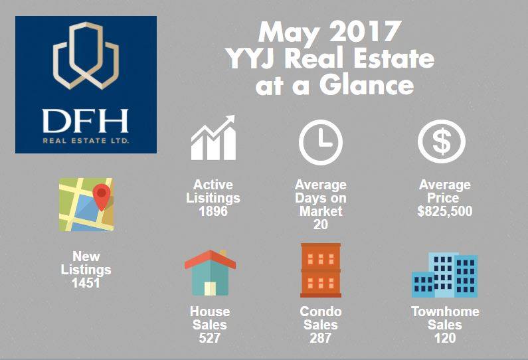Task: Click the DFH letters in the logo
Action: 86,121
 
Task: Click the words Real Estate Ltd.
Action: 86,140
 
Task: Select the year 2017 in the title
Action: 365,32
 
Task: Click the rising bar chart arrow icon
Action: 213,137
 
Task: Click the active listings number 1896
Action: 213,211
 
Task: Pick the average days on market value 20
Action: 321,225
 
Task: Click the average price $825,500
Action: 445,211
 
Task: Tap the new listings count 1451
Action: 86,283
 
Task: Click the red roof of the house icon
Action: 210,259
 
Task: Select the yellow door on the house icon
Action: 210,289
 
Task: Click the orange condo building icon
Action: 321,270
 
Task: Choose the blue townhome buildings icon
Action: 444,275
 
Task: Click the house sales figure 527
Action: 209,338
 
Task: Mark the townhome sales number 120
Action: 445,338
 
